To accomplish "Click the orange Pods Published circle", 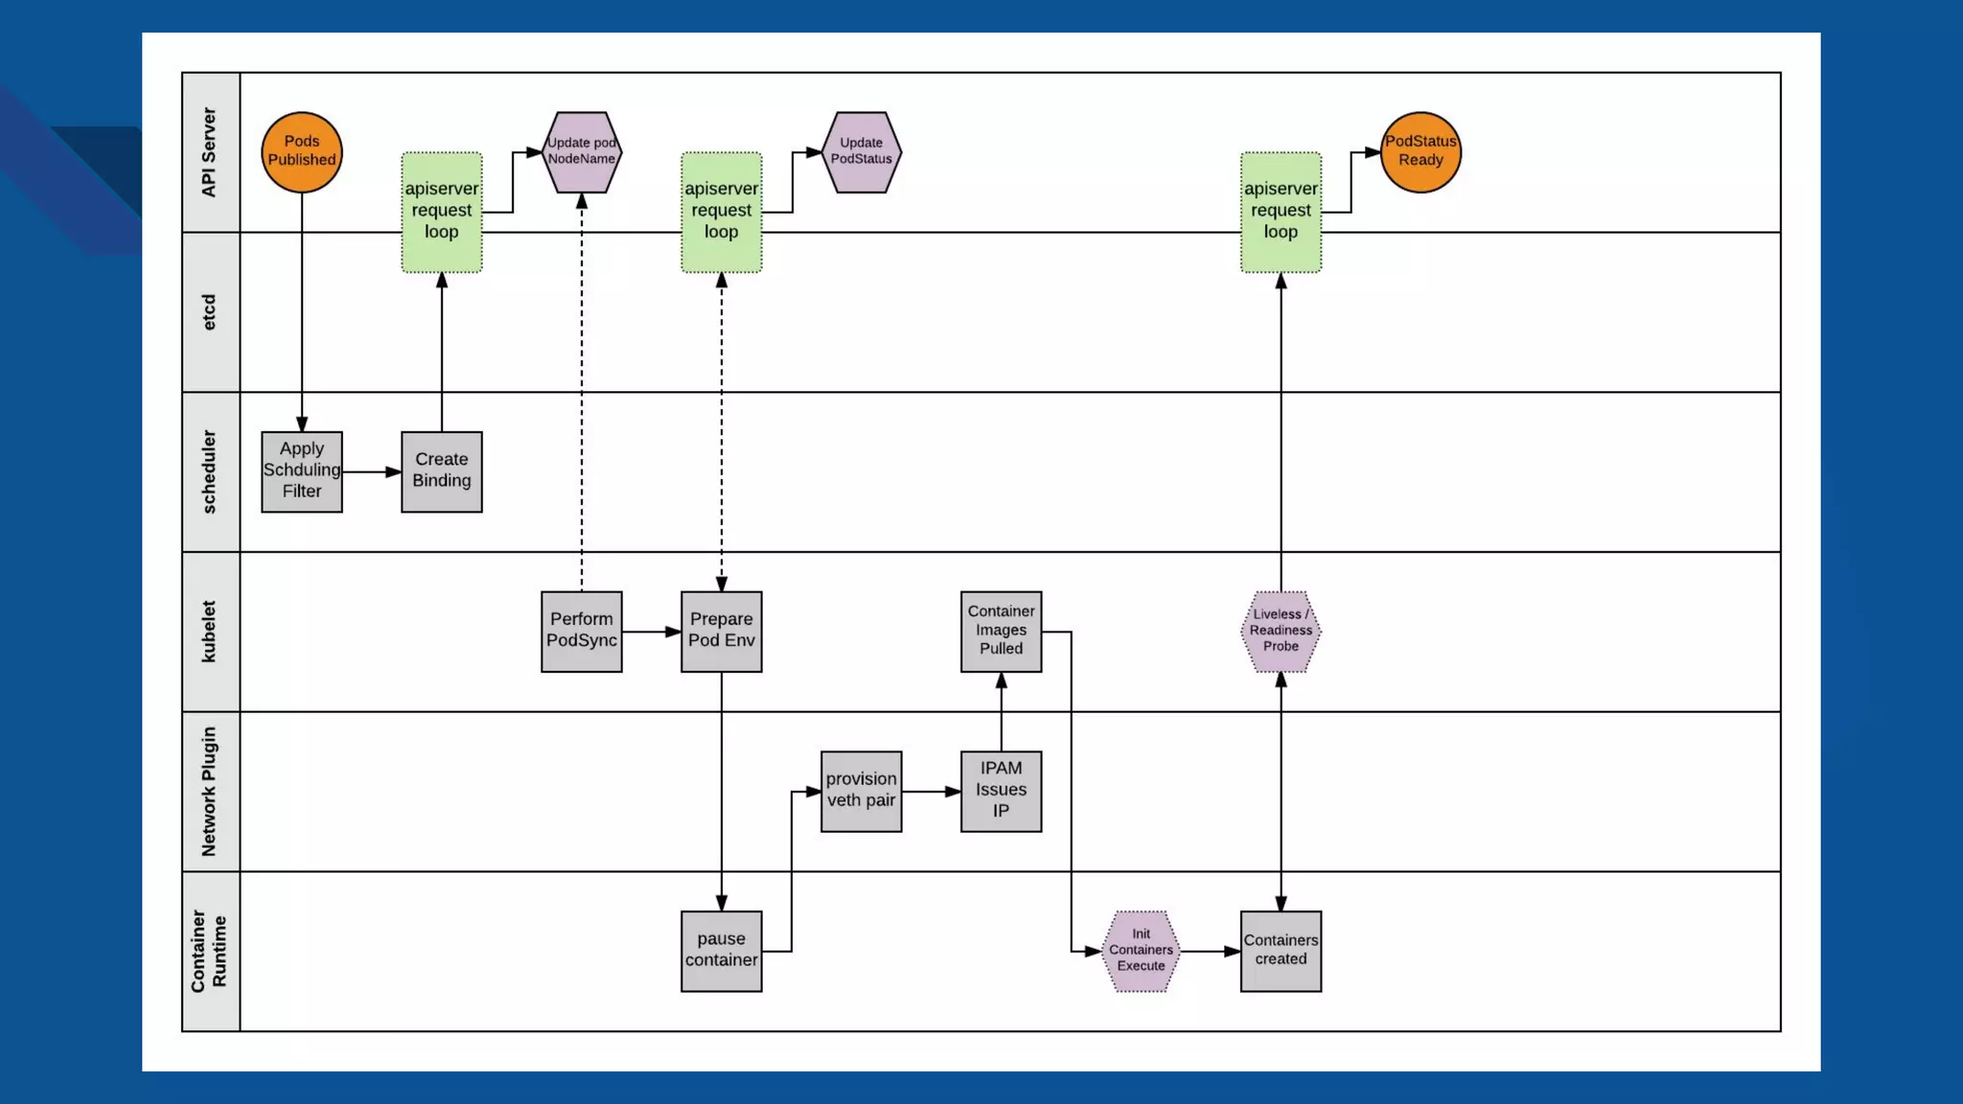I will (x=302, y=151).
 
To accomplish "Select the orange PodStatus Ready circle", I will (x=1420, y=151).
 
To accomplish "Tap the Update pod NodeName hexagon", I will (x=582, y=151).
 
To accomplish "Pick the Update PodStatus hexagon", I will (x=861, y=151).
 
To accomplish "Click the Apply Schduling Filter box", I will (x=302, y=471).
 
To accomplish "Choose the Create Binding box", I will (x=442, y=471).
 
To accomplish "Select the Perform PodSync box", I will (x=582, y=631).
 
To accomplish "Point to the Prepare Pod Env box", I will (x=722, y=631).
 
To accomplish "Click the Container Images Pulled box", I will (x=1001, y=631).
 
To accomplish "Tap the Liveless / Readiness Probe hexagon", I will (x=1281, y=631).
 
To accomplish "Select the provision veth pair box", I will (x=861, y=791).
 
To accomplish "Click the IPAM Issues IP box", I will (x=1001, y=791).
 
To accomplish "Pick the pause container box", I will (x=722, y=951).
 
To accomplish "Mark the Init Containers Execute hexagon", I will (x=1141, y=951).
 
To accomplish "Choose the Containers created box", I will (x=1281, y=951).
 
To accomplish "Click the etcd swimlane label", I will (x=210, y=311).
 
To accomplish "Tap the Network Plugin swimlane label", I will (x=210, y=791).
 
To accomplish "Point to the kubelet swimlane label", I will (x=210, y=631).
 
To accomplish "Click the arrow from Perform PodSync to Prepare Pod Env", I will (x=652, y=632).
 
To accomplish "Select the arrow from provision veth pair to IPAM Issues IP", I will (x=931, y=792).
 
